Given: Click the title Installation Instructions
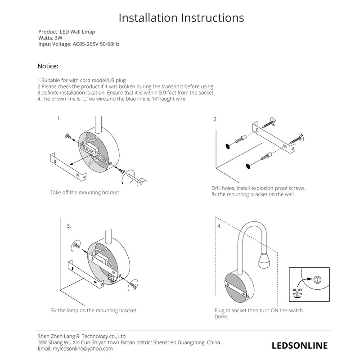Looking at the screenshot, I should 181,18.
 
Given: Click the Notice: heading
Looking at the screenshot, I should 48,66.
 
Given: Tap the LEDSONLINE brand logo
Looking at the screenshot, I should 300,345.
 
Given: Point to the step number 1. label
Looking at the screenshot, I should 59,118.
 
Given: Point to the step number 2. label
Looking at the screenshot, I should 216,119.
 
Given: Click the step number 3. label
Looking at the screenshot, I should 69,226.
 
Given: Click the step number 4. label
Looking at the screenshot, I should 219,226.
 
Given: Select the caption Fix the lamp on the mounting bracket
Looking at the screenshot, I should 93,310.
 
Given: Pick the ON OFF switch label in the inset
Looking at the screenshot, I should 297,290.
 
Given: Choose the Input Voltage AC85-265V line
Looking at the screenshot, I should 79,44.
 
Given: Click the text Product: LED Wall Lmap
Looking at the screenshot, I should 67,32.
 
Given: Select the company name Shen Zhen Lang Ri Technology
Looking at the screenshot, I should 81,336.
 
